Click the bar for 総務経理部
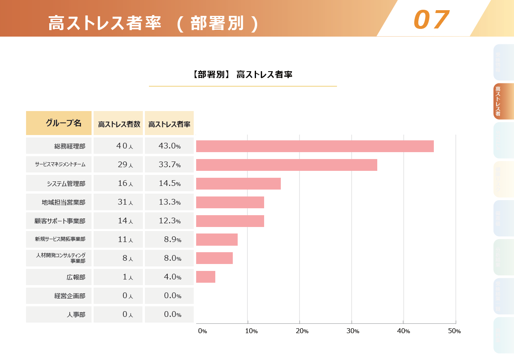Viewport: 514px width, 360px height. [315, 146]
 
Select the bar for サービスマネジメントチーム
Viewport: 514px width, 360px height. [287, 165]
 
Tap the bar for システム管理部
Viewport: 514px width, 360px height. [238, 183]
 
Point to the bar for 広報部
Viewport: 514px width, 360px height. [206, 277]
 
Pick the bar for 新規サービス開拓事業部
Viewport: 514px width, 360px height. [217, 240]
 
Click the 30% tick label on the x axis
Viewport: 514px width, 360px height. [352, 331]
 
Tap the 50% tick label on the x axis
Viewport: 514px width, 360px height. [454, 331]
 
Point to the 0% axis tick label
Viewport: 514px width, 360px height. [202, 331]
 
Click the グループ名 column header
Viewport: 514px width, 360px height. [59, 123]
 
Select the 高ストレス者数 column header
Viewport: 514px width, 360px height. [118, 124]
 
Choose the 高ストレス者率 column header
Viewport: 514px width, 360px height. [169, 124]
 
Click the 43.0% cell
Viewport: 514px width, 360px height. [169, 146]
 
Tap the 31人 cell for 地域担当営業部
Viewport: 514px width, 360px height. [118, 202]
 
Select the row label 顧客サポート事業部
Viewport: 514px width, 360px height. [60, 221]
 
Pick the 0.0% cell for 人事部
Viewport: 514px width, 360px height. [169, 314]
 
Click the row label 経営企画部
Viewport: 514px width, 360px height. [70, 296]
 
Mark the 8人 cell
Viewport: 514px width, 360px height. [118, 258]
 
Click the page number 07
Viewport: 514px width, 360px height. [431, 20]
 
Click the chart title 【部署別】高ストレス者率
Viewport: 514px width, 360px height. [243, 75]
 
